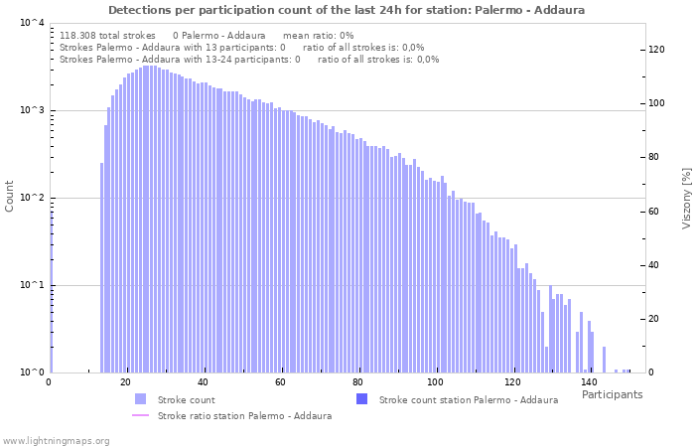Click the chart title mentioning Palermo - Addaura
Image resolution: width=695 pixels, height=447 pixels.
pyautogui.click(x=347, y=10)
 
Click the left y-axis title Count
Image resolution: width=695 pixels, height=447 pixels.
pyautogui.click(x=10, y=196)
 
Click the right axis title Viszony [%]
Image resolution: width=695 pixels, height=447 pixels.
pyautogui.click(x=685, y=198)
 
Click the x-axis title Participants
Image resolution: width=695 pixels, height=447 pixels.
pyautogui.click(x=612, y=394)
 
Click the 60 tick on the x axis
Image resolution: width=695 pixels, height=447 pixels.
pyautogui.click(x=280, y=382)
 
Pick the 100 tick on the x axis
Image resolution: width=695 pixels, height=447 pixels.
pyautogui.click(x=435, y=382)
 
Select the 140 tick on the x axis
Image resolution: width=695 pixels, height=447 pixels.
pyautogui.click(x=589, y=382)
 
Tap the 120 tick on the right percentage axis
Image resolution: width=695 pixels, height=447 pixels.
pyautogui.click(x=656, y=49)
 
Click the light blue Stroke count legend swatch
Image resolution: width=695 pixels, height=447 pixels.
pyautogui.click(x=140, y=399)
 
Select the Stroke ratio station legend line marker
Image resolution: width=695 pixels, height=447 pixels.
pyautogui.click(x=140, y=415)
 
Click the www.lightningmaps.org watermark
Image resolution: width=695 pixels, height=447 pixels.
pyautogui.click(x=56, y=440)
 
